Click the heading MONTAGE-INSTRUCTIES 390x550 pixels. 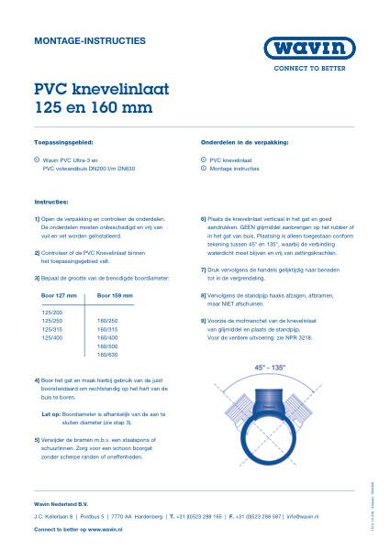pos(76,41)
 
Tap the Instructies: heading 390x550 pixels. pos(51,199)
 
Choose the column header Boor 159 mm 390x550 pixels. pos(115,296)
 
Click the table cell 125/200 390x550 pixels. pos(51,313)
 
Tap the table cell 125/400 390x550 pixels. pos(51,337)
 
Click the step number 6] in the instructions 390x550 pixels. pos(203,220)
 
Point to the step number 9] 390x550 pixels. pos(203,320)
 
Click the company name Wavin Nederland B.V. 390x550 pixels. pos(64,505)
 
